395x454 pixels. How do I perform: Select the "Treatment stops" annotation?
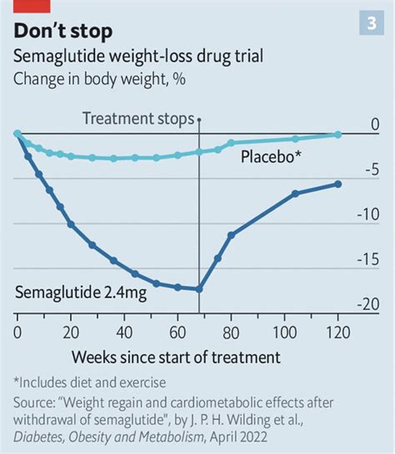139,119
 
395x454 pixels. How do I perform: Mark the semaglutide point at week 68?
199,289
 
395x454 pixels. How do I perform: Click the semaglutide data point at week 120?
337,184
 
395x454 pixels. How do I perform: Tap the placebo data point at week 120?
337,134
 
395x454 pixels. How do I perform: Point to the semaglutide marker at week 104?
295,194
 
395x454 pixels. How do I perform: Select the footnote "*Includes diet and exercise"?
90,383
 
